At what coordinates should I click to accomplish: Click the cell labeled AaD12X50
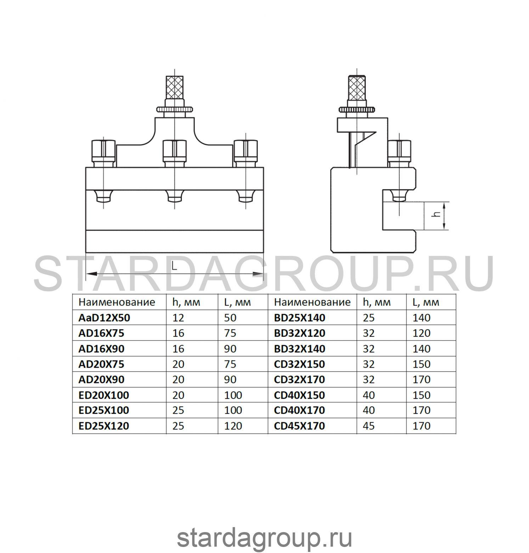[x=104, y=318]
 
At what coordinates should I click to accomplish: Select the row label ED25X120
[x=103, y=426]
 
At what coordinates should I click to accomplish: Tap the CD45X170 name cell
[x=299, y=426]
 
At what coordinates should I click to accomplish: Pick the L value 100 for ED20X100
[x=233, y=395]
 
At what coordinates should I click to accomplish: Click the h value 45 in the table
[x=369, y=426]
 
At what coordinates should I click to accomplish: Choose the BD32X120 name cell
[x=299, y=333]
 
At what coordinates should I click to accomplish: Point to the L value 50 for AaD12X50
[x=230, y=318]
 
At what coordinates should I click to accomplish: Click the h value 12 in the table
[x=178, y=318]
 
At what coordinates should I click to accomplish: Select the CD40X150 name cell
[x=299, y=395]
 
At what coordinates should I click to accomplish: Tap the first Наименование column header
[x=117, y=302]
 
